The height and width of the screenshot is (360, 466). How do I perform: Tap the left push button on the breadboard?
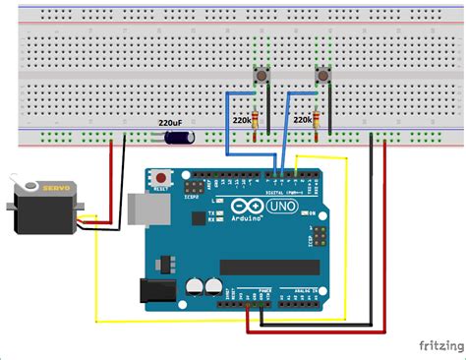click(x=262, y=77)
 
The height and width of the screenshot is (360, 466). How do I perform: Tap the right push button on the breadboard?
click(x=320, y=77)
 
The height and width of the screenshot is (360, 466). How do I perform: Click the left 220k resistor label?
click(x=241, y=119)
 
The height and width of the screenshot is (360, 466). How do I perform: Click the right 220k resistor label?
click(x=304, y=119)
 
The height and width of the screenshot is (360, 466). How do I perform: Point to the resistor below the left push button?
click(x=259, y=121)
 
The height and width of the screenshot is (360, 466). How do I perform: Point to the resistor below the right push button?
click(x=316, y=121)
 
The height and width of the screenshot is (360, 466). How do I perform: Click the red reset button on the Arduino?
click(x=160, y=178)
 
